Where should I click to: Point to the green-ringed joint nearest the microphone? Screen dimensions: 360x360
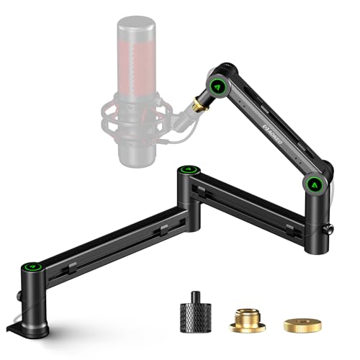(215, 86)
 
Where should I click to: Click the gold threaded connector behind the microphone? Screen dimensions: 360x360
(197, 107)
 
